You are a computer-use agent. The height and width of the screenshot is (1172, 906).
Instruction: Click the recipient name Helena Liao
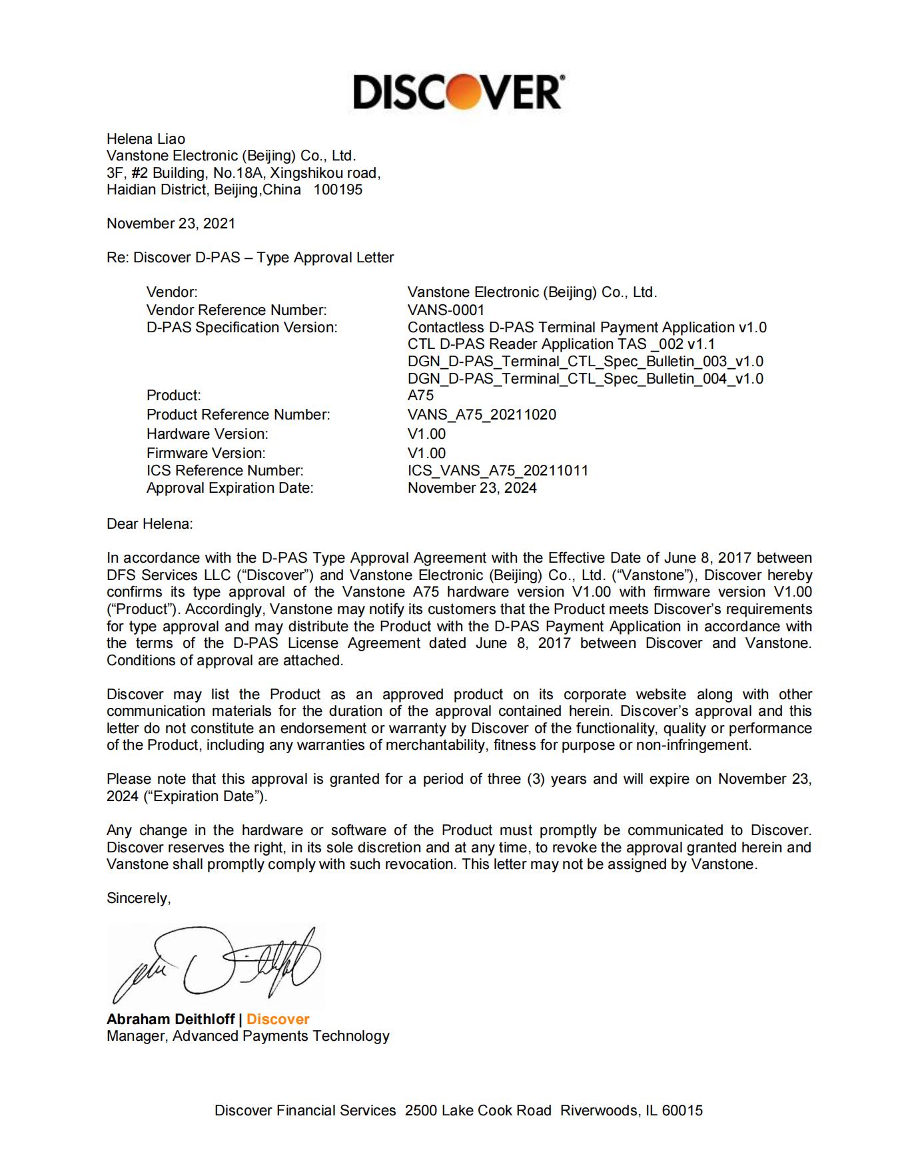click(146, 139)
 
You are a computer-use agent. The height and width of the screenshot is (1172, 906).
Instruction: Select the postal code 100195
click(338, 190)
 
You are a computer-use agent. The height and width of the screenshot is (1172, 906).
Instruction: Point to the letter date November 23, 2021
click(171, 224)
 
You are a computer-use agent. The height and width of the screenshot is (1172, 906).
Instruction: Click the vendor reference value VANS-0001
click(446, 310)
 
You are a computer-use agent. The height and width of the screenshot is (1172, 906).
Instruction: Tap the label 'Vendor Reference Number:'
click(236, 310)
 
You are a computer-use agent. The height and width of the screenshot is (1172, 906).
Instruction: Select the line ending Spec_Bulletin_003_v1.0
click(585, 362)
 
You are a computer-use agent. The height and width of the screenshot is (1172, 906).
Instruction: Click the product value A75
click(420, 396)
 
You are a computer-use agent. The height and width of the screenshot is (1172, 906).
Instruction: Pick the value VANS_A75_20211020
click(482, 415)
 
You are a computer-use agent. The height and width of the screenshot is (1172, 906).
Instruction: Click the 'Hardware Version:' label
click(207, 434)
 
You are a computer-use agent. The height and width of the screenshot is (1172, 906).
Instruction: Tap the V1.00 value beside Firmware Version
click(426, 453)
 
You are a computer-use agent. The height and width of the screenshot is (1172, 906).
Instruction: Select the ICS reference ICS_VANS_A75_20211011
click(498, 471)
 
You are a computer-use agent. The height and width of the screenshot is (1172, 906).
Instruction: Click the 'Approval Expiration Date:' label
click(230, 488)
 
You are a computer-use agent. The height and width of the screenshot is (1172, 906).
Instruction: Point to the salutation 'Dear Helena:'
click(149, 524)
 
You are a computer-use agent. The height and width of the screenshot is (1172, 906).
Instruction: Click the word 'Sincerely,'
click(139, 898)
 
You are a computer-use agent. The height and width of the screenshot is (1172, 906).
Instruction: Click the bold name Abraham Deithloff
click(171, 1020)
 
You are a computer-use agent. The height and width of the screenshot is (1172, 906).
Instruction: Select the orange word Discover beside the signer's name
click(278, 1020)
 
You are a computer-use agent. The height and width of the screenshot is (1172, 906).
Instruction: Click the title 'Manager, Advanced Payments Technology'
click(248, 1036)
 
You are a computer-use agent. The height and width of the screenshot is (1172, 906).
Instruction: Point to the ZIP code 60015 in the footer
click(682, 1111)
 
